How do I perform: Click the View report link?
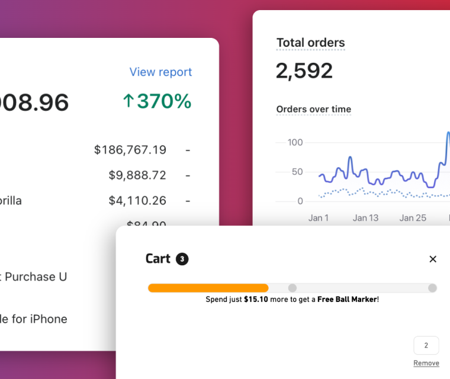(160, 72)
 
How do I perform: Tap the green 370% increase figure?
(157, 101)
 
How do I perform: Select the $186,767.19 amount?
(130, 150)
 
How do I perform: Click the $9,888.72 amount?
(137, 175)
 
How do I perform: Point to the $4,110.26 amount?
(137, 201)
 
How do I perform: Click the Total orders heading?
(310, 43)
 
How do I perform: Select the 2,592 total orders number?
(304, 71)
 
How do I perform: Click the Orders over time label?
(313, 109)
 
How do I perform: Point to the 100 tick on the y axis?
(295, 142)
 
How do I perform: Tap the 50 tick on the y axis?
(297, 172)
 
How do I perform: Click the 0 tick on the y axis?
(300, 201)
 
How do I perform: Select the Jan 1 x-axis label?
(319, 218)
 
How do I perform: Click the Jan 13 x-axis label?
(365, 218)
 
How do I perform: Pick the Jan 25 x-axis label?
(412, 218)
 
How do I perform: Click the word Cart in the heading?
(157, 259)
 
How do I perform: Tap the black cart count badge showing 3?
(182, 259)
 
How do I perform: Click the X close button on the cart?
(433, 259)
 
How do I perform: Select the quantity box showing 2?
(426, 345)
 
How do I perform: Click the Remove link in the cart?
(426, 363)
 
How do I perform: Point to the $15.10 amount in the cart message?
(255, 300)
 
